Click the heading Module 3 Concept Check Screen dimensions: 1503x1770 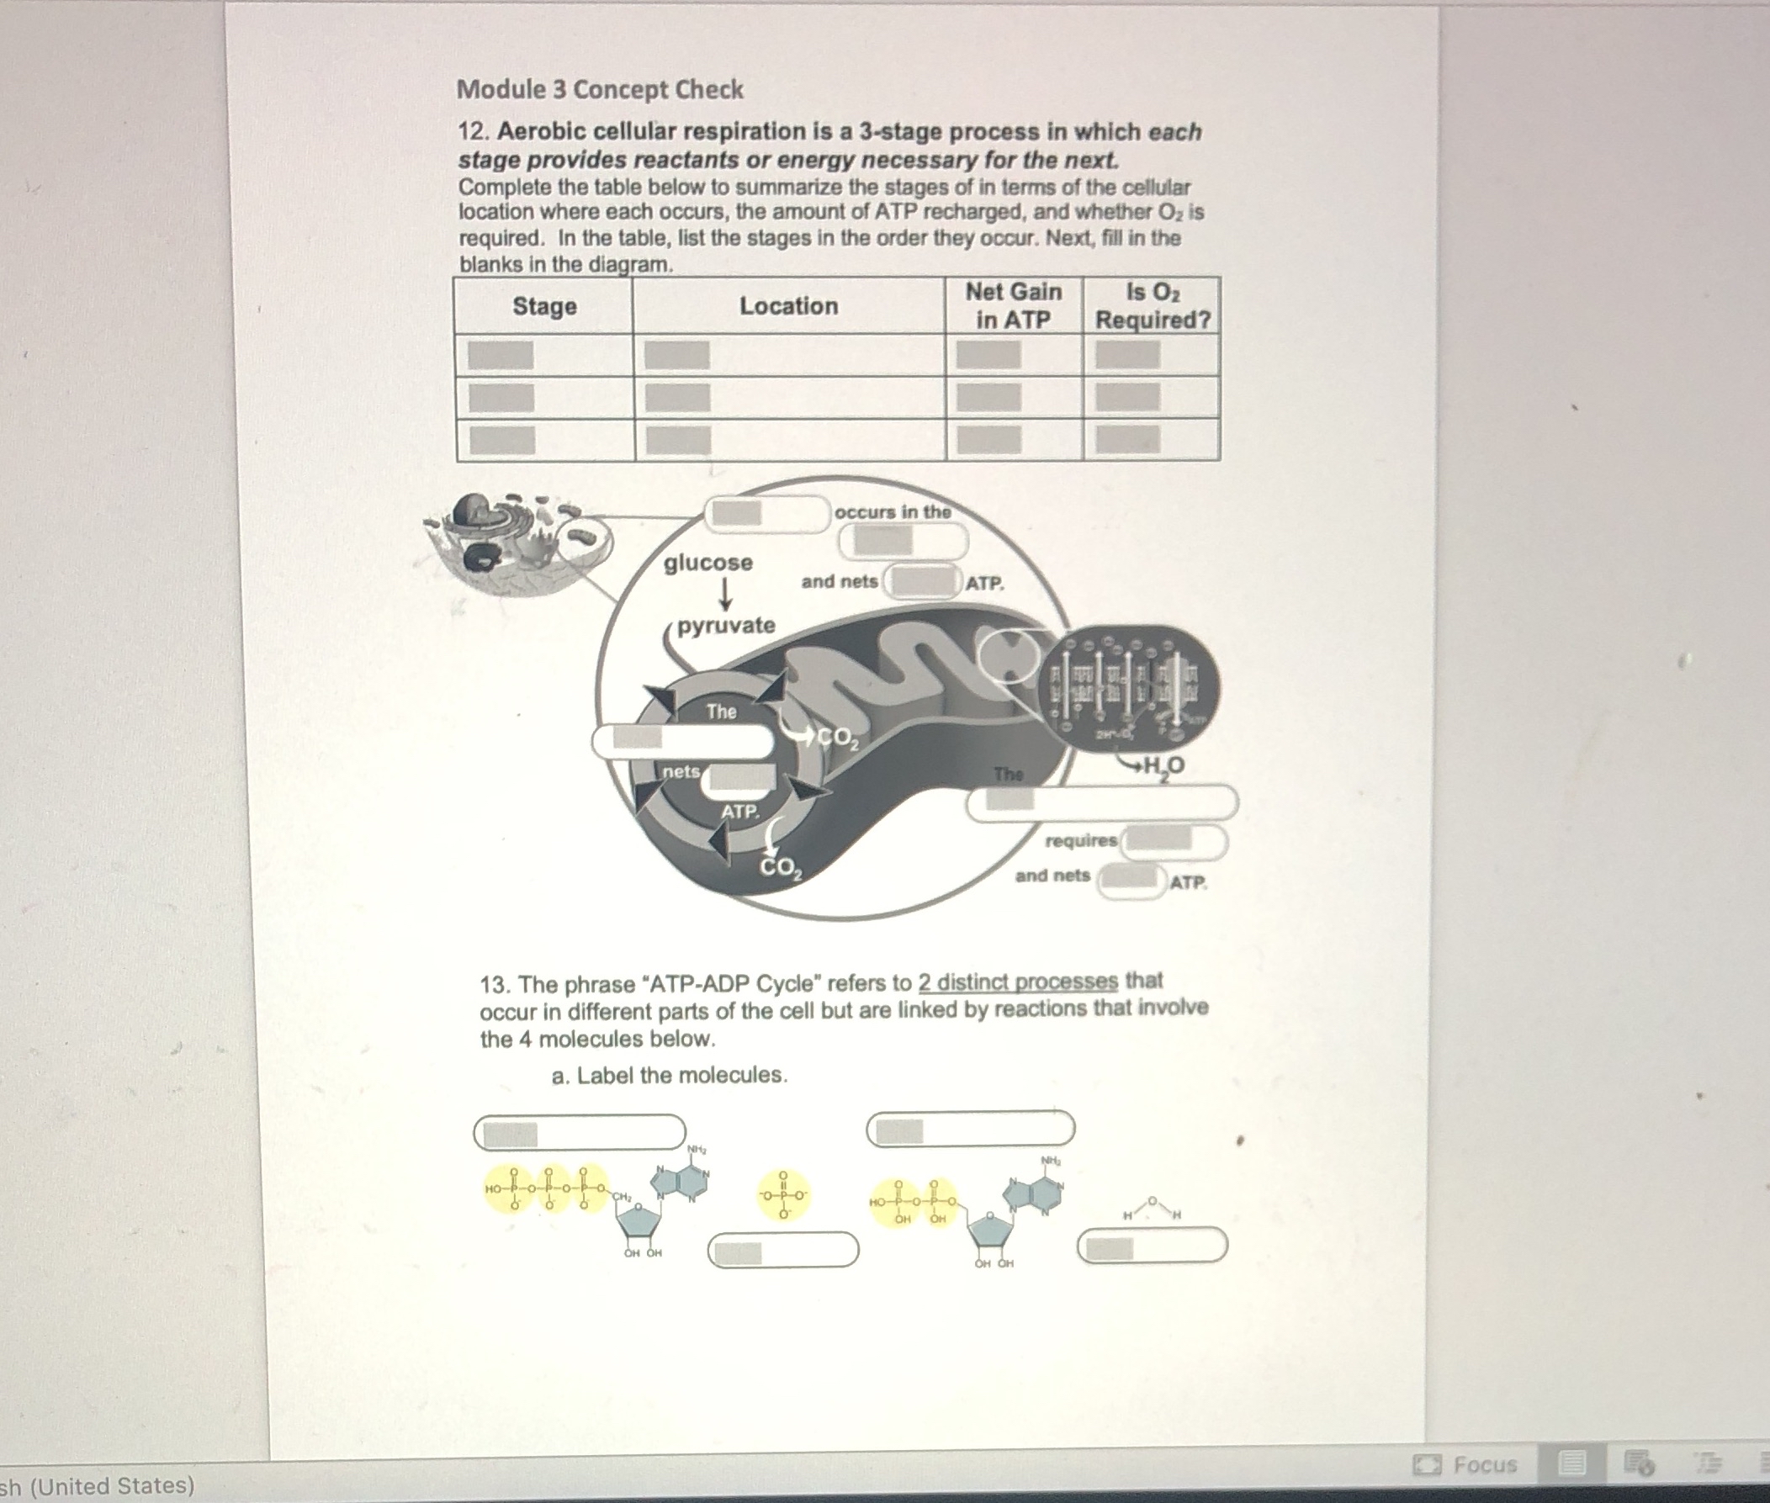point(600,89)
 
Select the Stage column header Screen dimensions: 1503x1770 point(543,306)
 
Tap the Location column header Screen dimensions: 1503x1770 point(788,306)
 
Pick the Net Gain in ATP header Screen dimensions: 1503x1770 point(1013,306)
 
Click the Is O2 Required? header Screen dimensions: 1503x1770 point(1153,306)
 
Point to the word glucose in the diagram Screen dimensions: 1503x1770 point(708,563)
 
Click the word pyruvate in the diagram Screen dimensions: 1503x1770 point(726,626)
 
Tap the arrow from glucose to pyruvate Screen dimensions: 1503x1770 point(725,595)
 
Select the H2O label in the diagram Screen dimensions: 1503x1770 point(1163,767)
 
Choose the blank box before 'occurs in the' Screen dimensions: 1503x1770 point(767,512)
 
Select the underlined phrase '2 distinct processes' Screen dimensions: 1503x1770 point(1018,982)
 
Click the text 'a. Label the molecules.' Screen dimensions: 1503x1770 point(669,1075)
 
